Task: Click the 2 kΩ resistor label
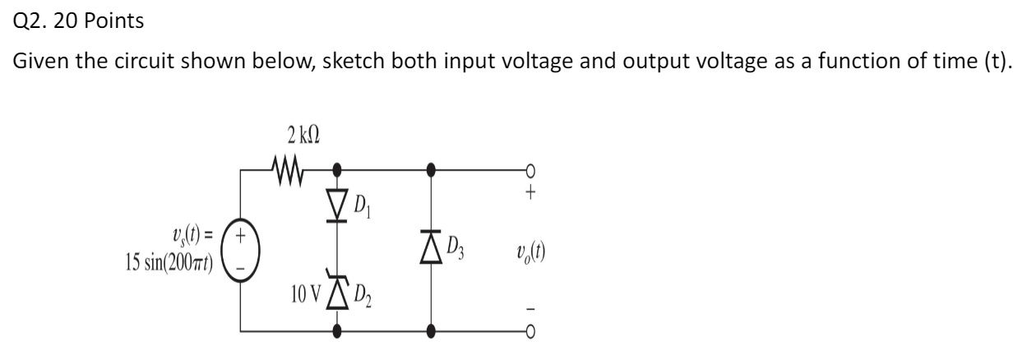click(x=287, y=135)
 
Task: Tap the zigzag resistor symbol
click(x=288, y=171)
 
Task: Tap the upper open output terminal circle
click(x=530, y=171)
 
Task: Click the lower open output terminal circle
click(x=530, y=330)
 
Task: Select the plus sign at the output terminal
click(x=531, y=196)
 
